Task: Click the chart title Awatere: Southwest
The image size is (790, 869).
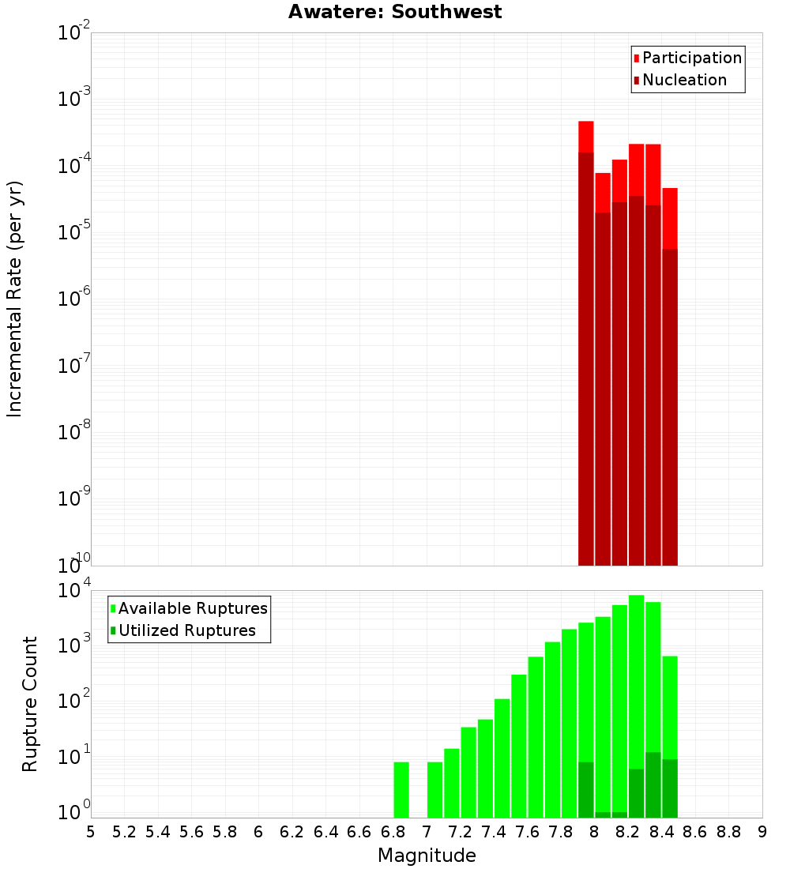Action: pyautogui.click(x=394, y=12)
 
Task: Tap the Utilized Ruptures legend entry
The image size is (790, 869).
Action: pyautogui.click(x=186, y=630)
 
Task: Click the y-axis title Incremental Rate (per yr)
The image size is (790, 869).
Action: pyautogui.click(x=15, y=299)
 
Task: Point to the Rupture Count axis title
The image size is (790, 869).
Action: pyautogui.click(x=30, y=704)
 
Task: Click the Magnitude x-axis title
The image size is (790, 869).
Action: pyautogui.click(x=427, y=856)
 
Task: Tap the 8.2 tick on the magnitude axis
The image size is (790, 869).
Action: pyautogui.click(x=628, y=832)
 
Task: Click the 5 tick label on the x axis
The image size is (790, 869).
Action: pyautogui.click(x=91, y=832)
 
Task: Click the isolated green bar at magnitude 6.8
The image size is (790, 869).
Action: pyautogui.click(x=401, y=789)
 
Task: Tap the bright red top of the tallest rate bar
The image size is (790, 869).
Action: pyautogui.click(x=586, y=136)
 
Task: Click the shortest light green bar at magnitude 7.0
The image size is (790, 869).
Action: pyautogui.click(x=434, y=789)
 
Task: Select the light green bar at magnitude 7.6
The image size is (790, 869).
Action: pyautogui.click(x=519, y=746)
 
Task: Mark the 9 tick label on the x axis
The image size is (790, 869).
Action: pyautogui.click(x=762, y=832)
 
